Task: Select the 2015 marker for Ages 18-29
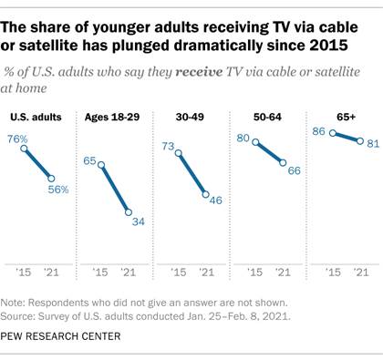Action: pyautogui.click(x=100, y=164)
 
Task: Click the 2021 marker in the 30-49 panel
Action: pyautogui.click(x=206, y=195)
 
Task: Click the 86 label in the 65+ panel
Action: pyautogui.click(x=318, y=131)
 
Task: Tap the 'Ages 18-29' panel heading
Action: pyautogui.click(x=110, y=117)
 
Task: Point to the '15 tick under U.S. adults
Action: pyautogui.click(x=26, y=273)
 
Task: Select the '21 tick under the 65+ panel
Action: pyautogui.click(x=361, y=273)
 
